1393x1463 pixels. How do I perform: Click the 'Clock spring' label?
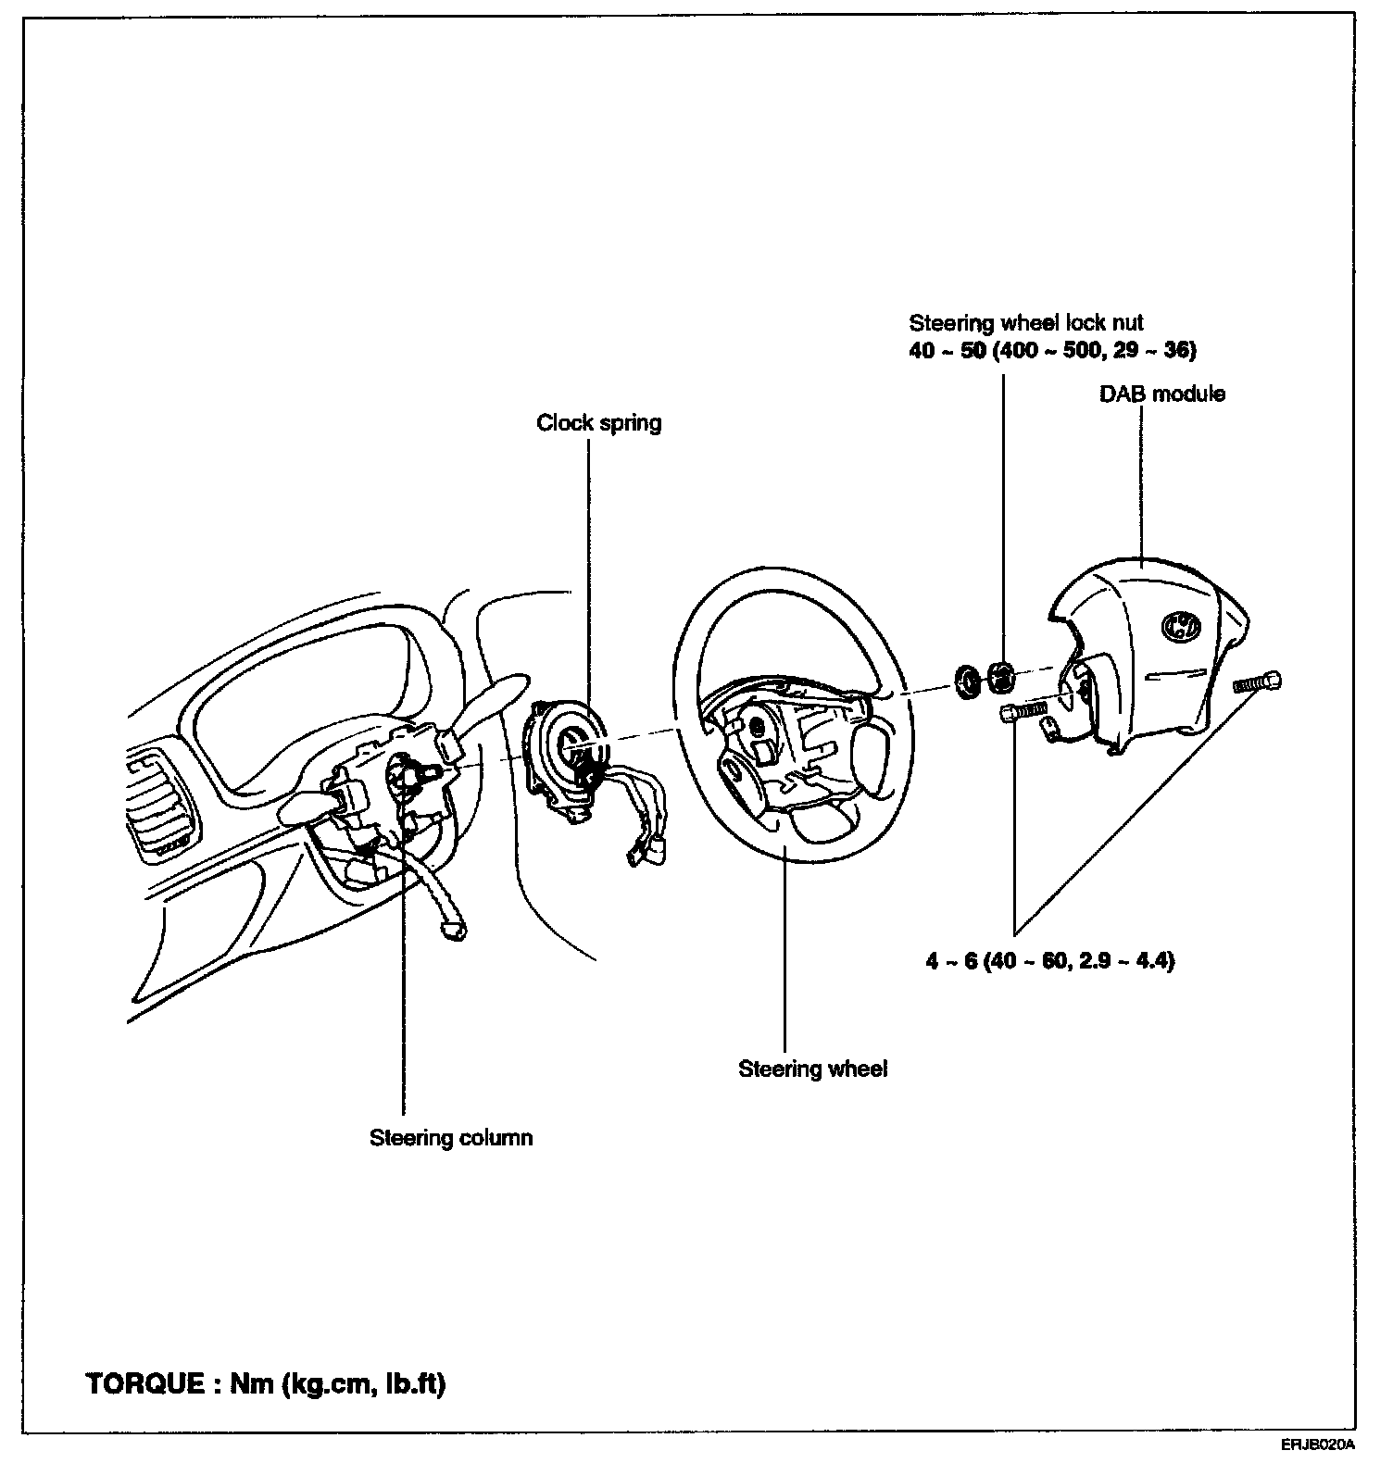[x=598, y=423]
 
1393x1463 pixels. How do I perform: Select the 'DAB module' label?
[x=1161, y=394]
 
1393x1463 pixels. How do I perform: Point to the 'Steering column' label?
[x=451, y=1137]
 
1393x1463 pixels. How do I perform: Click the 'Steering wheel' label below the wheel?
[x=812, y=1069]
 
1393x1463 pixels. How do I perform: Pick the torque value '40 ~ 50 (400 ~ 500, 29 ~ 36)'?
[x=1052, y=351]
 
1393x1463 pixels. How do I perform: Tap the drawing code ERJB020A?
[x=1318, y=1444]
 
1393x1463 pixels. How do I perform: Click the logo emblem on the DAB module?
[x=1177, y=627]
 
